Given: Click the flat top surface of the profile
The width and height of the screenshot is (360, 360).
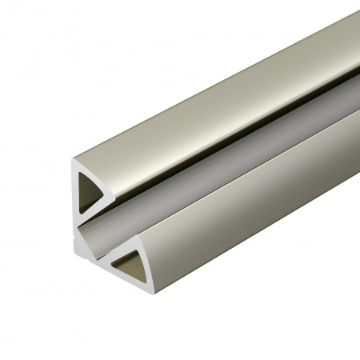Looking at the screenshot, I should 200,88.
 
